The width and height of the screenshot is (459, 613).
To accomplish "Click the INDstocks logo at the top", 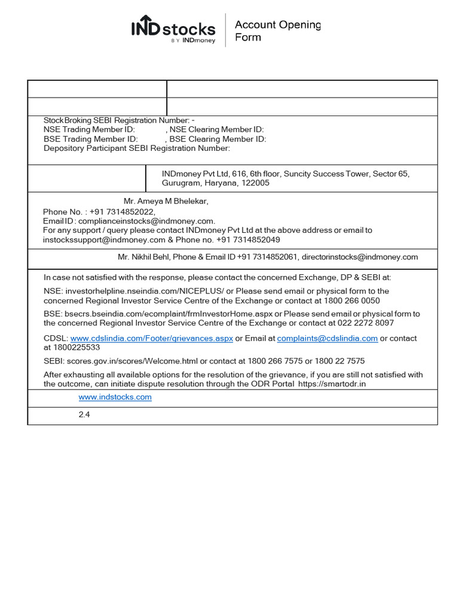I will (173, 29).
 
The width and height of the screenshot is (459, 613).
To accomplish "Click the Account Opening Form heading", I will (277, 31).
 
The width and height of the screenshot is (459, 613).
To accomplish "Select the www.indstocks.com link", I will (115, 397).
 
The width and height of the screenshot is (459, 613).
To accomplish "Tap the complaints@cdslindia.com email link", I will (327, 338).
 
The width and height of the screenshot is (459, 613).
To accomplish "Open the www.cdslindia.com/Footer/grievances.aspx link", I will (152, 338).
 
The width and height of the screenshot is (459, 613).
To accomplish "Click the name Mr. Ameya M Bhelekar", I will (166, 201).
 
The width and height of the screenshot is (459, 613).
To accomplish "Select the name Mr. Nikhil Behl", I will (143, 257).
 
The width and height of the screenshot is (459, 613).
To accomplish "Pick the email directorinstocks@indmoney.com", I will (359, 257).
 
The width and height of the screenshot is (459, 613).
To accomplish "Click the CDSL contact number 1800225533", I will (76, 347).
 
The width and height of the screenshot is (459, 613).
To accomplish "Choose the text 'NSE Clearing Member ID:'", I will (217, 130).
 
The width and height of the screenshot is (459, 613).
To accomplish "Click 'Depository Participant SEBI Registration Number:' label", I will (137, 148).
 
